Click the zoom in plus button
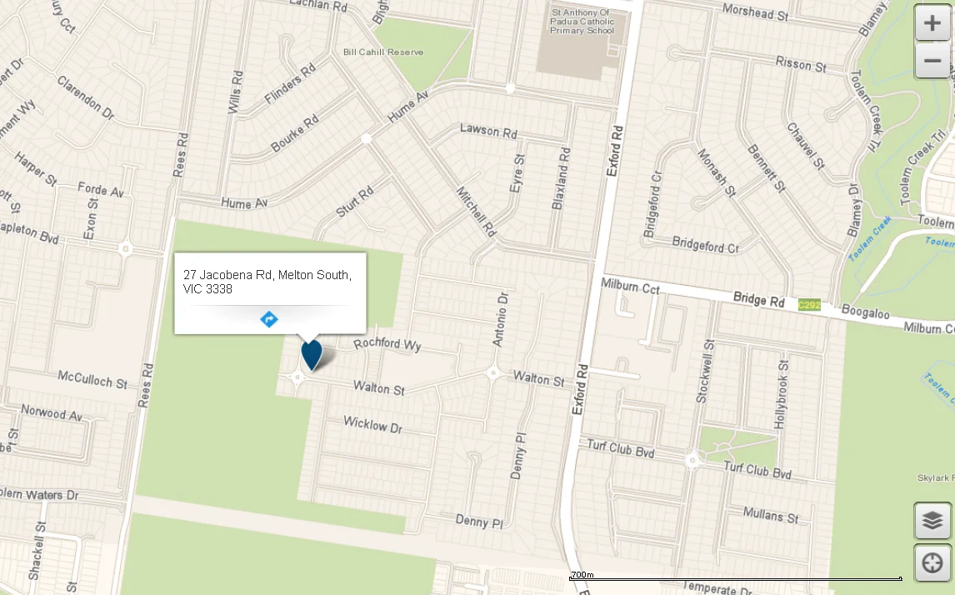click(x=932, y=23)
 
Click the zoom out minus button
click(x=932, y=61)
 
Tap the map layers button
click(x=932, y=521)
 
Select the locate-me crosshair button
click(x=932, y=563)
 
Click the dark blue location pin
click(x=312, y=353)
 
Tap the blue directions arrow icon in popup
click(x=269, y=319)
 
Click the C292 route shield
click(x=809, y=305)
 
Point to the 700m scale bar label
click(x=582, y=575)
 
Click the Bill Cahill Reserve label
click(x=383, y=52)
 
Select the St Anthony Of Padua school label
click(x=582, y=22)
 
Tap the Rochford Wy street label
click(x=387, y=343)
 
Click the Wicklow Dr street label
click(x=372, y=425)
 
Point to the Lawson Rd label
click(x=488, y=131)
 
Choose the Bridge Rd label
click(x=759, y=298)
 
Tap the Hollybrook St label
click(x=781, y=395)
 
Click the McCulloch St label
click(x=92, y=379)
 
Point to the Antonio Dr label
click(x=501, y=319)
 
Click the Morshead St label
click(x=755, y=14)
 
